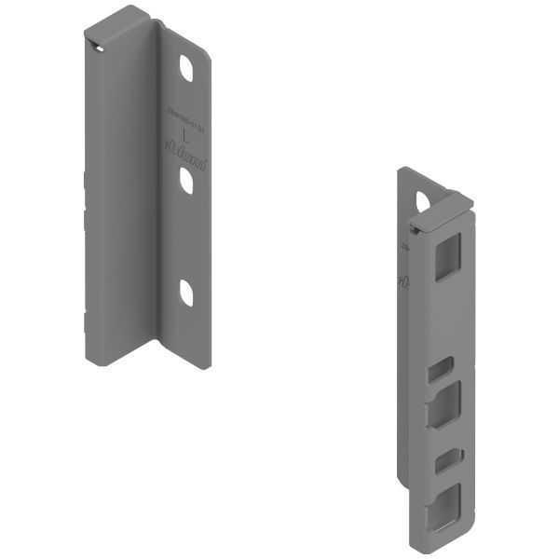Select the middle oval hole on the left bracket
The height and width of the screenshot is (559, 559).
pyautogui.click(x=186, y=181)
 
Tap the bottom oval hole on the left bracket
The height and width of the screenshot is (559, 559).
pyautogui.click(x=185, y=293)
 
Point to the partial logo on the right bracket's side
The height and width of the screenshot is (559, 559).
pyautogui.click(x=402, y=280)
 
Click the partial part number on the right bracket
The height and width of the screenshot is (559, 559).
pyautogui.click(x=404, y=248)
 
